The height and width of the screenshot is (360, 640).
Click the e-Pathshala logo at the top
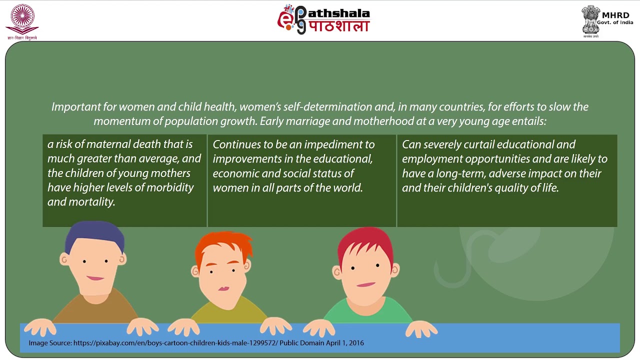(323, 20)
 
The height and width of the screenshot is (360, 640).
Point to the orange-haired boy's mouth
(223, 288)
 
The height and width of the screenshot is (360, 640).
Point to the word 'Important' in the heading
(75, 107)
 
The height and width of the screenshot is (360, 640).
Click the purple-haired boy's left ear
(63, 259)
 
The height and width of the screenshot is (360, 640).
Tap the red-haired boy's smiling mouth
(366, 284)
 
